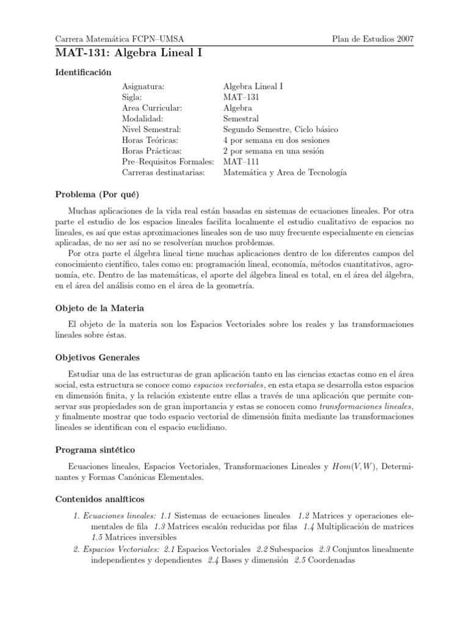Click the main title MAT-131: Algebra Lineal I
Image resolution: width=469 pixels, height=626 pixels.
coord(128,53)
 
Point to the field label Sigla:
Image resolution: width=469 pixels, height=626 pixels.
coord(133,97)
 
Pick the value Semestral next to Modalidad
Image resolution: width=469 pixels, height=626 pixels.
coord(241,119)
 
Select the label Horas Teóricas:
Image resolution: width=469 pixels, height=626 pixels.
coord(150,141)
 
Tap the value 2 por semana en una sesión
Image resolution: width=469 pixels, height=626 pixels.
coord(274,151)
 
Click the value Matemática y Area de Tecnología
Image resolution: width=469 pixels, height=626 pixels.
coord(285,173)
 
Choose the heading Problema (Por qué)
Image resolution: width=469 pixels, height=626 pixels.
coord(97,195)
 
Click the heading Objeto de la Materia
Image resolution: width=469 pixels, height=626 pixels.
coord(100,307)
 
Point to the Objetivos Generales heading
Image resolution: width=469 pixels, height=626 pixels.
coord(98,357)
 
